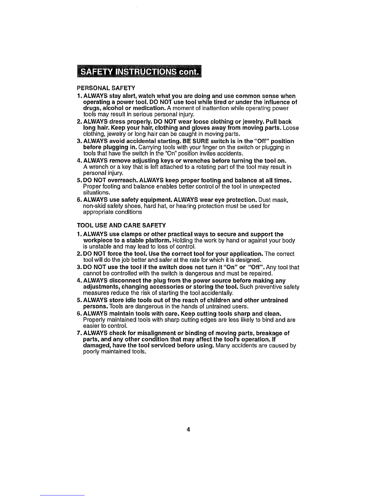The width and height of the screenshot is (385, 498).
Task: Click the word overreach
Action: pos(116,181)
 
